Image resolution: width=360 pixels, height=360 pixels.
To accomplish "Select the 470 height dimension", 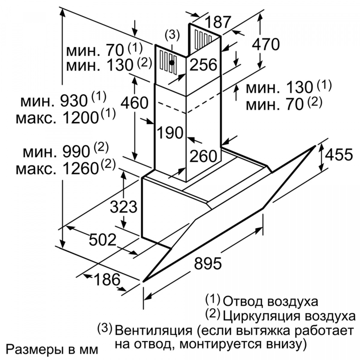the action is point(266,44).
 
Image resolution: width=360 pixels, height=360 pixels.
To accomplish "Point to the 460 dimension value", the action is point(134,103).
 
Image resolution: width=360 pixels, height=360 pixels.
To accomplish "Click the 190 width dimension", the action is point(170,133).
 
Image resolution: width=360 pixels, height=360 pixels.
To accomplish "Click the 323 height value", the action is point(124,207).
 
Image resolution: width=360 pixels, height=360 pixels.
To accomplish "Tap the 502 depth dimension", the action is point(103,240).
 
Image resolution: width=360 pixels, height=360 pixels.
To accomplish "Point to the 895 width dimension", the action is point(208,263).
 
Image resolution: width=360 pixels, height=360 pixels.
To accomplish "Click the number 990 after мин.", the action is point(76,152).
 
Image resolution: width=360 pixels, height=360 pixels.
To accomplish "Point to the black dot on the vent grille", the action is point(172,63).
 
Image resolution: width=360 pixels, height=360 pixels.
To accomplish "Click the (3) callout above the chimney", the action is point(172,35).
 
